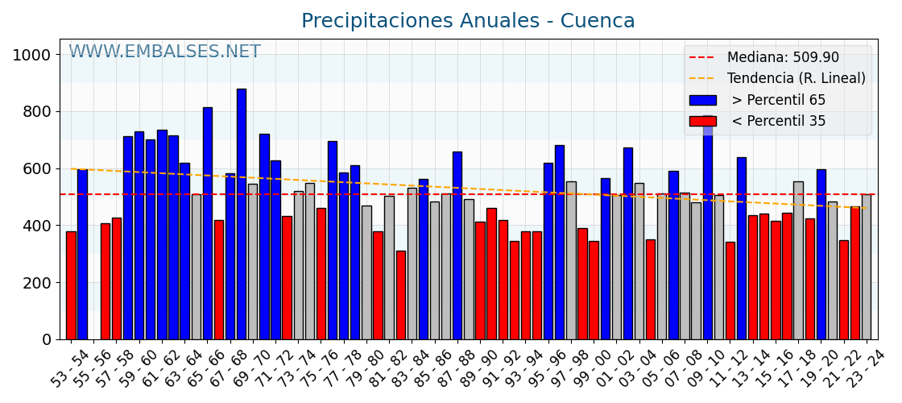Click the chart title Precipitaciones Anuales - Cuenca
468,21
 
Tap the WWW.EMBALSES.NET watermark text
164,52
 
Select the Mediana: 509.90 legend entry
782,58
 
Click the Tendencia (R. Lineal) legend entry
796,79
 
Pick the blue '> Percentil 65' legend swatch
702,101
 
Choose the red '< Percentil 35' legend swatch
702,122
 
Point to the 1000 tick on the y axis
32,55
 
